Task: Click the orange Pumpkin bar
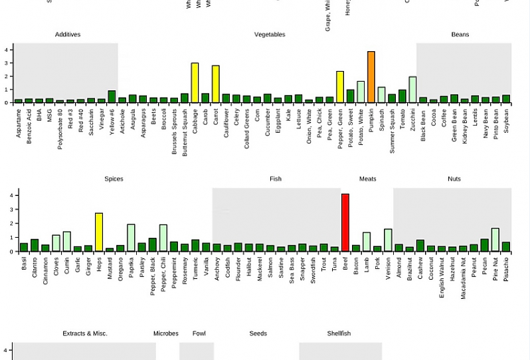(371, 77)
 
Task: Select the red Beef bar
(345, 223)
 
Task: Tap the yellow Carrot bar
(215, 84)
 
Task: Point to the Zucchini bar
(412, 90)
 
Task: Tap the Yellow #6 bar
(112, 97)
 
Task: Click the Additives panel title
(68, 35)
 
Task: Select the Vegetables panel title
(270, 35)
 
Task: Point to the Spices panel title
(114, 179)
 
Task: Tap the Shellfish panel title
(339, 333)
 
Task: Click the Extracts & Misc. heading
(85, 333)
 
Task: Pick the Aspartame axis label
(19, 123)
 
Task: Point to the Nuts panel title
(454, 179)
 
